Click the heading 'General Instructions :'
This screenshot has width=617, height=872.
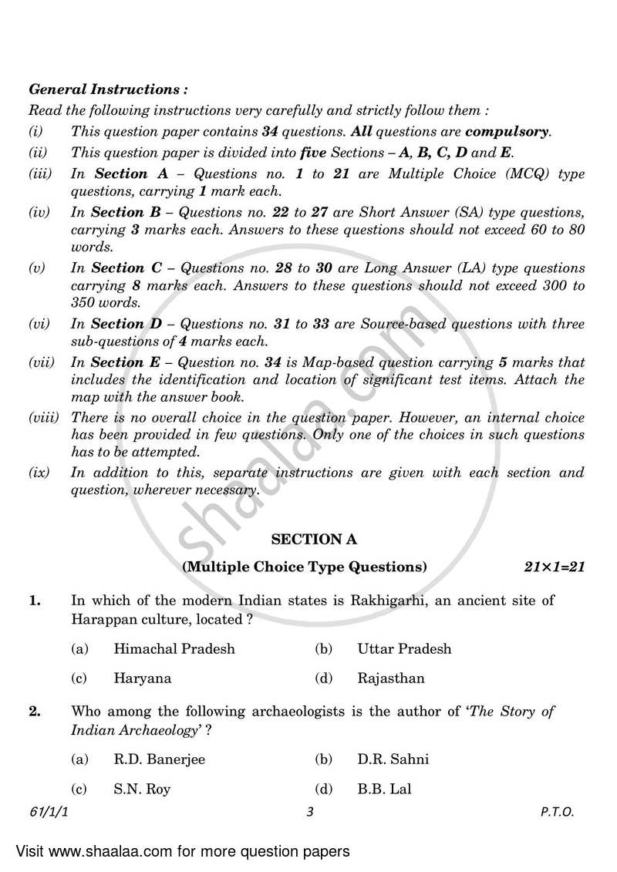click(107, 89)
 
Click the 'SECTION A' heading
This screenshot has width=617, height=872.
click(308, 540)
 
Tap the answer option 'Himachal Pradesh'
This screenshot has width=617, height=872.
click(174, 648)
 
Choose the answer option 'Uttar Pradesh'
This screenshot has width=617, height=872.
click(404, 648)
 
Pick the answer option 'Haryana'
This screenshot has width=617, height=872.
click(143, 678)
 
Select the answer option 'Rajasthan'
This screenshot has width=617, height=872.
click(391, 678)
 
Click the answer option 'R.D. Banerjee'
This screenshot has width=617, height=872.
click(159, 759)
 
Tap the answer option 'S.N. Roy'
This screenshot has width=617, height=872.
click(142, 789)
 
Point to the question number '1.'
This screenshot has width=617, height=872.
click(35, 600)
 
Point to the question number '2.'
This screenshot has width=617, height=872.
click(35, 712)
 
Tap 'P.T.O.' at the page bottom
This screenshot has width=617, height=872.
click(557, 812)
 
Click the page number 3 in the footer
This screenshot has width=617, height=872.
click(308, 812)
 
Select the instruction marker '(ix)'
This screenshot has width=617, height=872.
click(39, 473)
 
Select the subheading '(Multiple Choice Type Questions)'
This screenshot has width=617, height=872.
click(304, 567)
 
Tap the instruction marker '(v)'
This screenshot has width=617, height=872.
click(37, 268)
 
